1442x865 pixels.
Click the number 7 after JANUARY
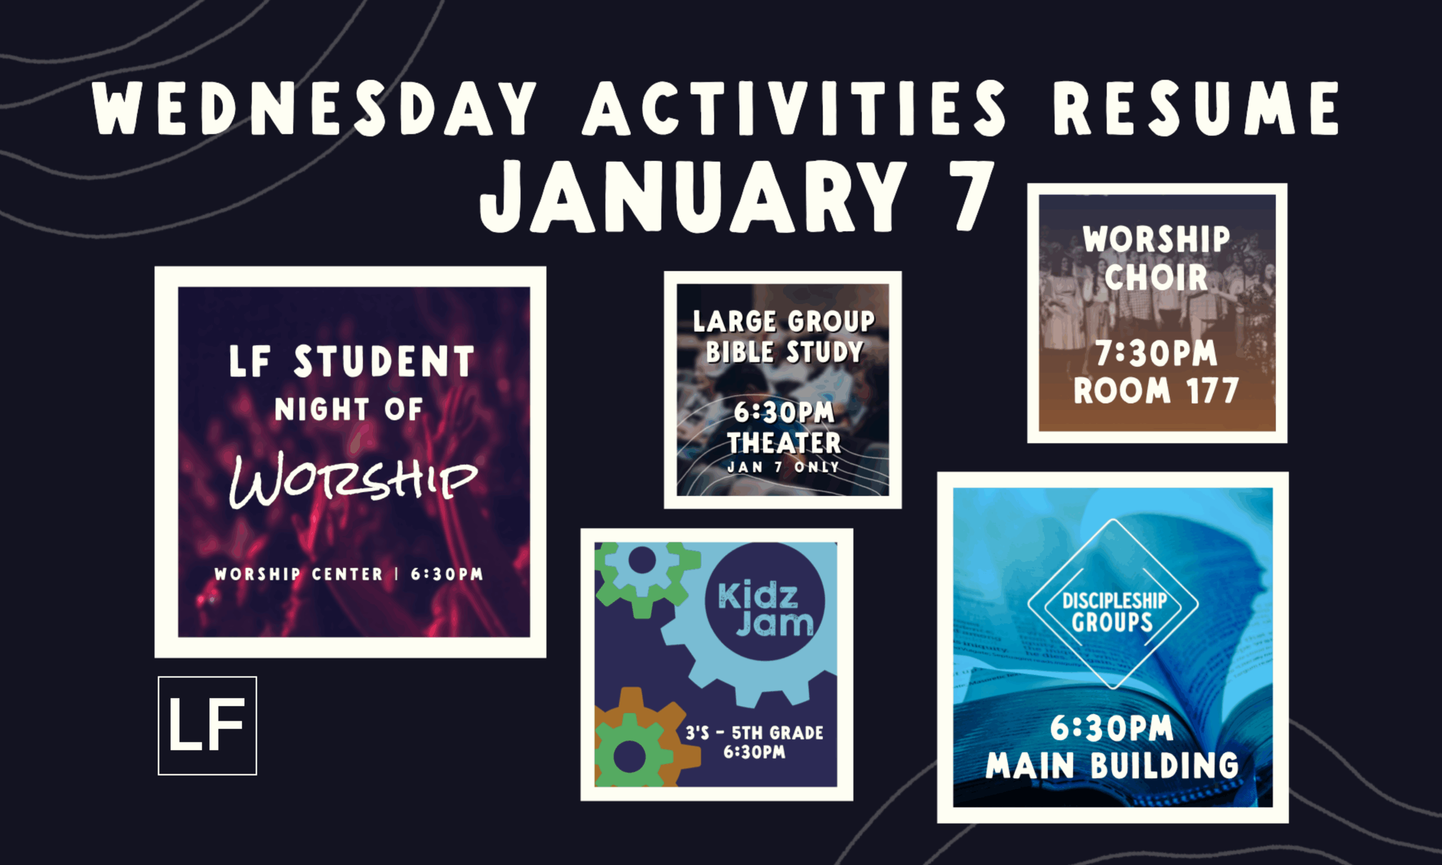971,196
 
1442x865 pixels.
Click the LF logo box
207,726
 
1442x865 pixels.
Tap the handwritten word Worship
353,479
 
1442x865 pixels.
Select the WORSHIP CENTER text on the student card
299,574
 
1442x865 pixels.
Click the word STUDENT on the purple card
384,362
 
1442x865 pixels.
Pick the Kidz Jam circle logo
765,601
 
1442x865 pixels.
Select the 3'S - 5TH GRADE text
754,733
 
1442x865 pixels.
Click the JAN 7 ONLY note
783,467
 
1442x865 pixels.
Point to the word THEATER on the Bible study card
784,443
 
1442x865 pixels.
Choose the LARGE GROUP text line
784,321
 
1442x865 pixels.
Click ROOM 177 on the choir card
1156,390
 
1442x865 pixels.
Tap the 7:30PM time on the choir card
1156,353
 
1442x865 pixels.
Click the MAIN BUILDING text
1112,765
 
